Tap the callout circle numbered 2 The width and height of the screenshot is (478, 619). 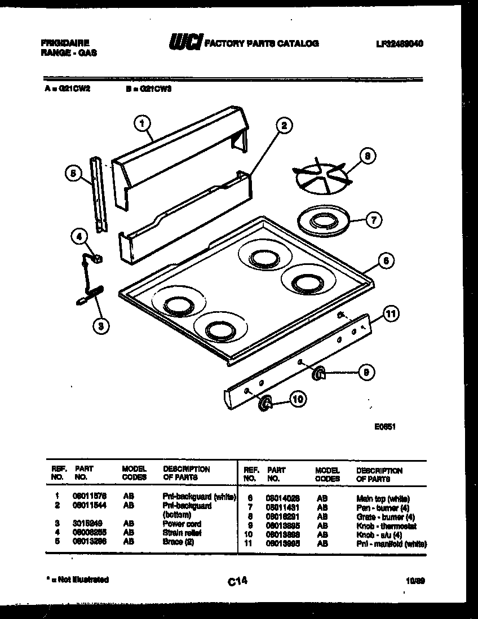click(x=284, y=125)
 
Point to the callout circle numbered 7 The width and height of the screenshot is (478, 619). click(x=373, y=220)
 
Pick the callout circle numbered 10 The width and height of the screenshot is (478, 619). click(x=298, y=399)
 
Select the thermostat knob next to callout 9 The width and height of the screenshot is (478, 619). click(x=318, y=372)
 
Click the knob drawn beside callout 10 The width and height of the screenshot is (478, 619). click(x=264, y=402)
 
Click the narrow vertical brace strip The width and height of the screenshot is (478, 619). click(x=100, y=194)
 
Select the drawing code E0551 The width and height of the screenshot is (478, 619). click(x=385, y=427)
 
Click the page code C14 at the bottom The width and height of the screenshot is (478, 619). click(x=238, y=580)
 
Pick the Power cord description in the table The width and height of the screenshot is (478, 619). click(x=182, y=524)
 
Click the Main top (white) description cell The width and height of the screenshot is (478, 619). click(x=383, y=499)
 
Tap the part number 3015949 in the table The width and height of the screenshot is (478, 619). click(x=86, y=524)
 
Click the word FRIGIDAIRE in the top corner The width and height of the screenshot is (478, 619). click(x=65, y=42)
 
